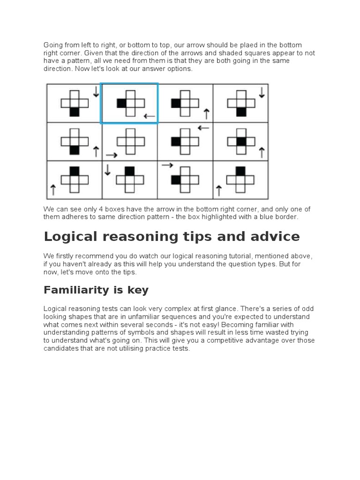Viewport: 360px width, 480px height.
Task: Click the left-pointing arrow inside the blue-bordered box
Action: pyautogui.click(x=149, y=116)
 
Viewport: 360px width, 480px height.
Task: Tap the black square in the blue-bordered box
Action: pyautogui.click(x=121, y=103)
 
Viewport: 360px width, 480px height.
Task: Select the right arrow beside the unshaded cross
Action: pyautogui.click(x=112, y=154)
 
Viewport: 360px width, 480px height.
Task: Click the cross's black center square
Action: pyautogui.click(x=241, y=141)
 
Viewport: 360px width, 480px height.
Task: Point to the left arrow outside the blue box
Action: pyautogui.click(x=203, y=127)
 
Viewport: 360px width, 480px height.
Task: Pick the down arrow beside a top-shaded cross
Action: pyautogui.click(x=107, y=169)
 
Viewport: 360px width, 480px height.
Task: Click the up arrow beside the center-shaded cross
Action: pyautogui.click(x=262, y=152)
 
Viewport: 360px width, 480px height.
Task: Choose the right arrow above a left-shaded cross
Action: pyautogui.click(x=167, y=165)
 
